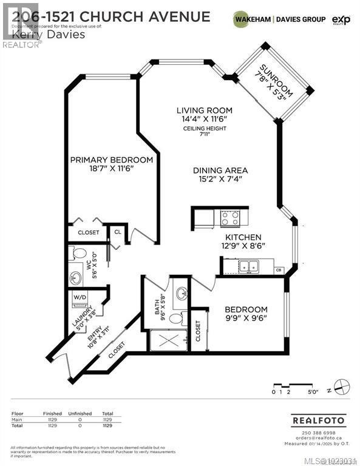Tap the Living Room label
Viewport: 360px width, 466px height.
(x=205, y=110)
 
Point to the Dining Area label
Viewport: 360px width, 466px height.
(x=220, y=171)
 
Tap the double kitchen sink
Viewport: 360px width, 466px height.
(x=246, y=265)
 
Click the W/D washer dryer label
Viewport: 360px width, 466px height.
(x=80, y=297)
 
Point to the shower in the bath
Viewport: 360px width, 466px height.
(x=167, y=340)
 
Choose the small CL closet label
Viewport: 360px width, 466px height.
(x=117, y=232)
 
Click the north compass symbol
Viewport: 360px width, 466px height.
(x=344, y=385)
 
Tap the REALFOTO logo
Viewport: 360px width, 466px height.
(x=318, y=420)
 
